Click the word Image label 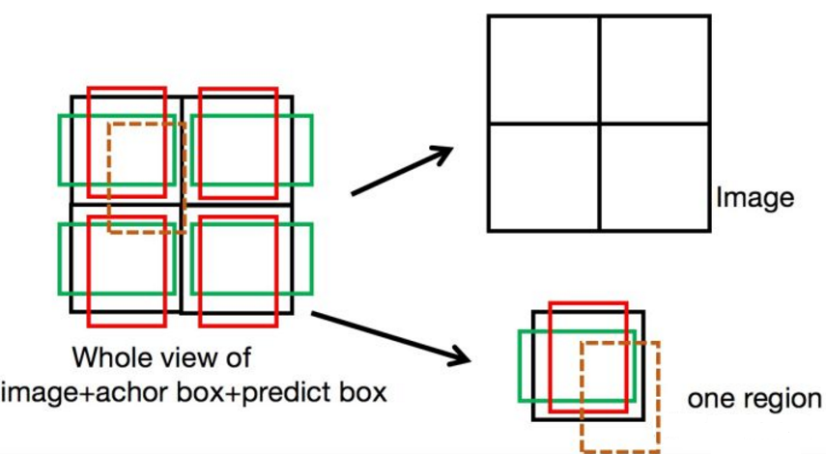pyautogui.click(x=755, y=199)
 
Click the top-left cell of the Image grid pyautogui.click(x=543, y=69)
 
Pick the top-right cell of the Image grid pyautogui.click(x=654, y=69)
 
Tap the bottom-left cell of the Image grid pyautogui.click(x=543, y=177)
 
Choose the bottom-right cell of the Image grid pyautogui.click(x=654, y=177)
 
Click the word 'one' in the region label pyautogui.click(x=706, y=399)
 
